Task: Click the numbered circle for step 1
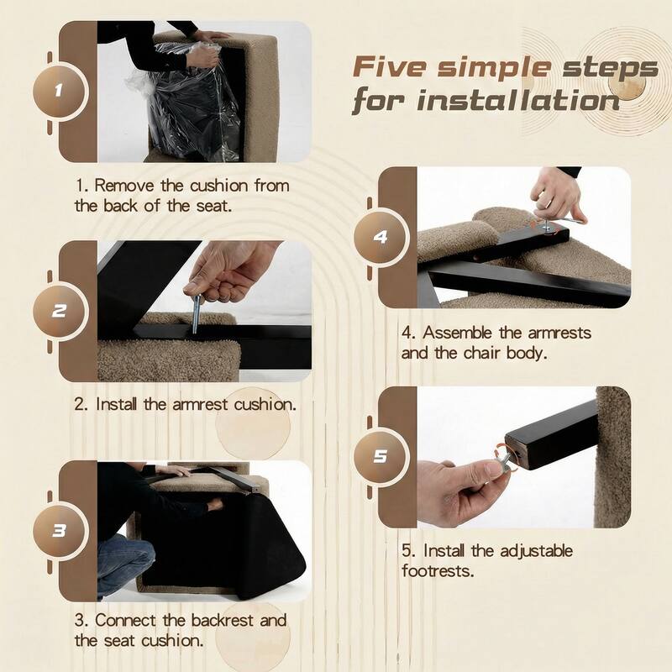(60, 92)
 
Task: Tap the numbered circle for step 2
(60, 311)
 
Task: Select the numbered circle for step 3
(60, 531)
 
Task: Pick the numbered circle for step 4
(381, 237)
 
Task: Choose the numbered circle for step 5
(381, 457)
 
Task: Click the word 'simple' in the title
(494, 68)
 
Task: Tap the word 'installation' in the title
(518, 101)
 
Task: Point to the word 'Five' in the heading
(389, 67)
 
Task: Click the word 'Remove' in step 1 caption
(123, 186)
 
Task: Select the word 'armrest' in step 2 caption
(200, 405)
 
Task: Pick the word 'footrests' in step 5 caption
(438, 571)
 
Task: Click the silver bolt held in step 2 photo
(196, 313)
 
